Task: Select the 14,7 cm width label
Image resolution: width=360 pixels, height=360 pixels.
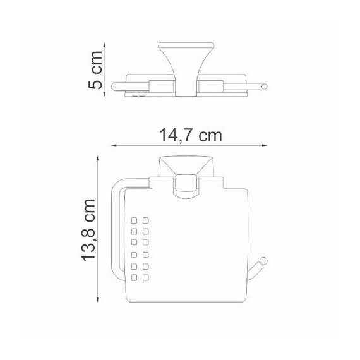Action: [187, 135]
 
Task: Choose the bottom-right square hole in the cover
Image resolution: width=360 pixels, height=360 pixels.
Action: [146, 277]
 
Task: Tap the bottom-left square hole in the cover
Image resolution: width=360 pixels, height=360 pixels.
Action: [135, 277]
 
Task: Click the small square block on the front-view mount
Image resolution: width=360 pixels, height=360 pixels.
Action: [184, 185]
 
